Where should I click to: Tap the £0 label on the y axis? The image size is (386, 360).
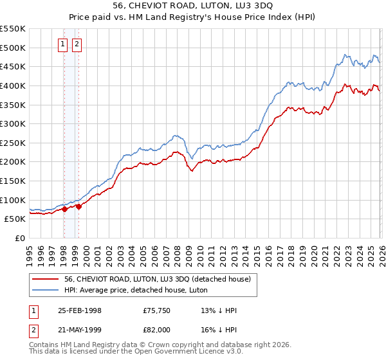[19, 238]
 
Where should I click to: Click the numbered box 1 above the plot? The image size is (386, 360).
[63, 44]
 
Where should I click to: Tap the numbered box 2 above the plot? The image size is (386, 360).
[77, 44]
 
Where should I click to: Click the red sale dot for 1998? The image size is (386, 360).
[65, 209]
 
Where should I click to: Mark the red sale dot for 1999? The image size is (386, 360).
[78, 206]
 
